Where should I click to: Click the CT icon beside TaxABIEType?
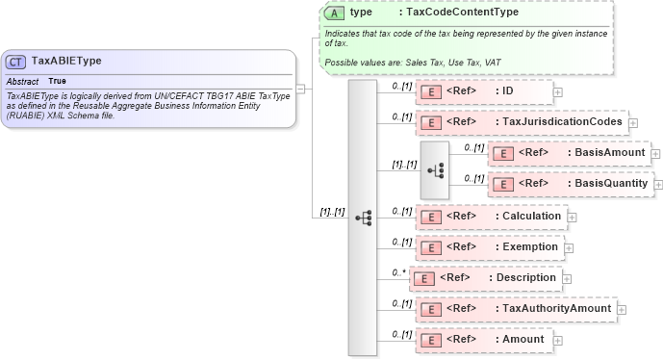click(16, 62)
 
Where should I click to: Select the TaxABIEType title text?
click(66, 62)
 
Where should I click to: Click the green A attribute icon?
click(334, 13)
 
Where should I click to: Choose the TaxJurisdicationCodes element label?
click(561, 123)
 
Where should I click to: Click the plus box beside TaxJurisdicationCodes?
click(633, 123)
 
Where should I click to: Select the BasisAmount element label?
click(608, 153)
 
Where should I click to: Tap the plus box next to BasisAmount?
click(655, 153)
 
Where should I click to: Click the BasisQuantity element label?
click(613, 183)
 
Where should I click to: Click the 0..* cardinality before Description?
click(398, 272)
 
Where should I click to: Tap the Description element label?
click(525, 277)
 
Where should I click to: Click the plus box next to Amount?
click(558, 340)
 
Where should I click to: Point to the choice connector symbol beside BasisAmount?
click(436, 169)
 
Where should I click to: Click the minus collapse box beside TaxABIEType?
click(301, 88)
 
